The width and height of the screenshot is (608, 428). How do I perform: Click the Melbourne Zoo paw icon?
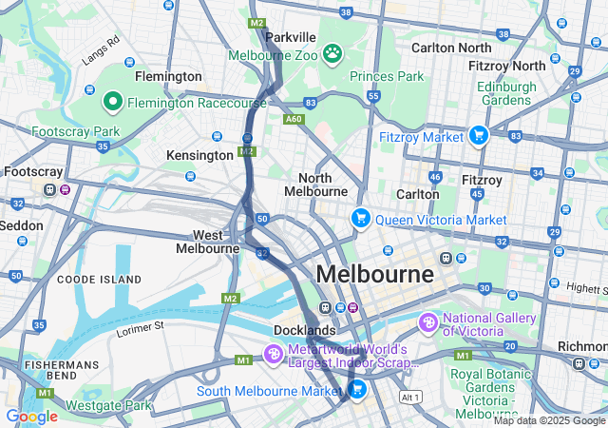pyautogui.click(x=332, y=53)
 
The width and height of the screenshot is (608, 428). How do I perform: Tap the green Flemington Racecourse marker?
pyautogui.click(x=112, y=100)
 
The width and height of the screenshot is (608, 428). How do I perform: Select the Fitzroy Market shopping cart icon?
pyautogui.click(x=478, y=136)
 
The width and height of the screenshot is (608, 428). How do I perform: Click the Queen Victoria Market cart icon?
pyautogui.click(x=360, y=219)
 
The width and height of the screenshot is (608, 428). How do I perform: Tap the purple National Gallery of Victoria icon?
pyautogui.click(x=428, y=324)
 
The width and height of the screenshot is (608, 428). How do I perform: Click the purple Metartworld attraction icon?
pyautogui.click(x=274, y=355)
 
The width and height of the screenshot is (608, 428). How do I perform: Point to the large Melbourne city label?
pyautogui.click(x=374, y=274)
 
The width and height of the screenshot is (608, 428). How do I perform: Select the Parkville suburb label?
pyautogui.click(x=291, y=36)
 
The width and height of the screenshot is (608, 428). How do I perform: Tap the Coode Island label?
pyautogui.click(x=99, y=280)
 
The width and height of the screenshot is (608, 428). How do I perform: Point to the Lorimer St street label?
pyautogui.click(x=141, y=328)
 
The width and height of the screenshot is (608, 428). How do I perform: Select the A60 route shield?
pyautogui.click(x=294, y=119)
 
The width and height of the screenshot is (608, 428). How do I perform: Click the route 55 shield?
pyautogui.click(x=373, y=96)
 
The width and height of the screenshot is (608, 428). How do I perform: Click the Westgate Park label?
pyautogui.click(x=110, y=405)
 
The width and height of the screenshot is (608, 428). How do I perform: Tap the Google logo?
pyautogui.click(x=31, y=416)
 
